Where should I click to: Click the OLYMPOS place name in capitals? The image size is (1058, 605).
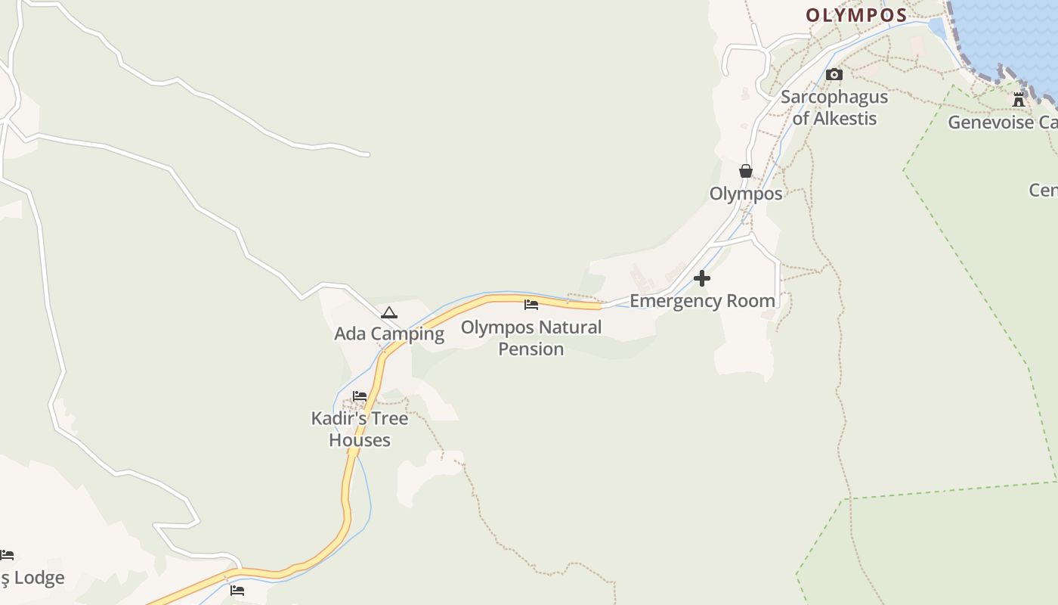click(856, 15)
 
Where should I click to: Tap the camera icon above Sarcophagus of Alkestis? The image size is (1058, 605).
click(834, 74)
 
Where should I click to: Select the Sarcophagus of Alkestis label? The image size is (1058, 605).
click(834, 107)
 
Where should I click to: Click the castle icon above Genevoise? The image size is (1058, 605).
click(1019, 99)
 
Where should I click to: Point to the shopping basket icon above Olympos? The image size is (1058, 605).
click(746, 171)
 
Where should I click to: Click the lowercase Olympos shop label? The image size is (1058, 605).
click(746, 194)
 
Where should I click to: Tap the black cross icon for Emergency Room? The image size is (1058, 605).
click(702, 278)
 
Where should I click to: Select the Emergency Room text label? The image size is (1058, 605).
click(702, 301)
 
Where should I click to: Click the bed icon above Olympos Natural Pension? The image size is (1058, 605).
click(531, 305)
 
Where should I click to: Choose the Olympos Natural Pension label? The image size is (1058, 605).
click(531, 338)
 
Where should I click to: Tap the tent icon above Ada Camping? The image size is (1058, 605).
click(388, 312)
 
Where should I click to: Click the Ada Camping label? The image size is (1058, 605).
click(389, 334)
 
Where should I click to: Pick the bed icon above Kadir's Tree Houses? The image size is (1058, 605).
click(360, 396)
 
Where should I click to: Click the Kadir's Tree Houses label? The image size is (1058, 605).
click(360, 429)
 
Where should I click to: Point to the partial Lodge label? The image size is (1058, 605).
click(33, 579)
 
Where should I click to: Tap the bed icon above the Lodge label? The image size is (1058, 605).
click(7, 556)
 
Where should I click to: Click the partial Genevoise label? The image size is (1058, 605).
click(1002, 123)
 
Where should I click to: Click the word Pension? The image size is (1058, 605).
click(531, 349)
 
